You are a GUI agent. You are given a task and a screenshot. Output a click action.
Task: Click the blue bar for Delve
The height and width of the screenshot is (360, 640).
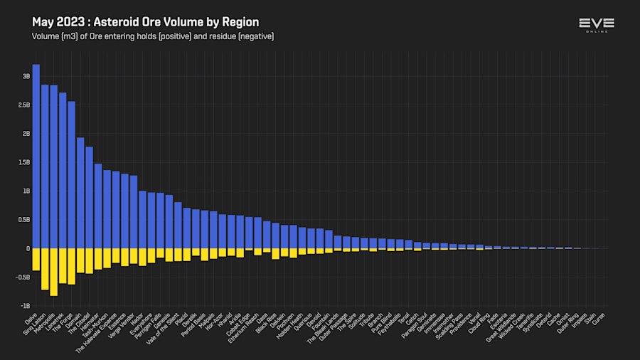36,157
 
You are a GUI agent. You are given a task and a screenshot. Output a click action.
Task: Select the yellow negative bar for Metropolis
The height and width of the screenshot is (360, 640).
54,272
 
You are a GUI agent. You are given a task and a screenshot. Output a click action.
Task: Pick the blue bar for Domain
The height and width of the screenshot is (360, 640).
80,193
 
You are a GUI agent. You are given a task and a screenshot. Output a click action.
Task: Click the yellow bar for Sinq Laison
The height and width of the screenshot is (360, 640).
45,269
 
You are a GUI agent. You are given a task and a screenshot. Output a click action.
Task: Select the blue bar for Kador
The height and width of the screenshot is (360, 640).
142,220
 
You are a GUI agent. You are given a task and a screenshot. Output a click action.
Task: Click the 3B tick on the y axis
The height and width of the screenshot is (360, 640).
26,76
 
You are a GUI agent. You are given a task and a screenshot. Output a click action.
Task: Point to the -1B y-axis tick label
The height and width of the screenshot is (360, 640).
26,306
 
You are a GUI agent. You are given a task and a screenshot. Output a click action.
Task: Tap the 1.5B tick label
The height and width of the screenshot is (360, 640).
24,162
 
